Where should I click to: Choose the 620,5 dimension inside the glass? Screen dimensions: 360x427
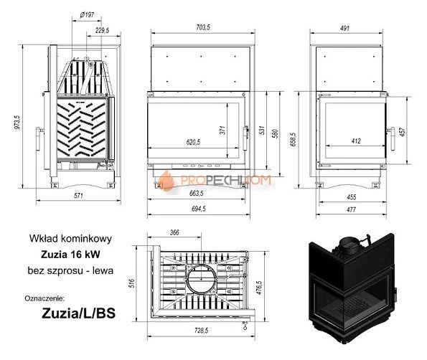[x=192, y=142]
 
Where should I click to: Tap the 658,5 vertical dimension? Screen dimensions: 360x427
[x=294, y=136]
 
